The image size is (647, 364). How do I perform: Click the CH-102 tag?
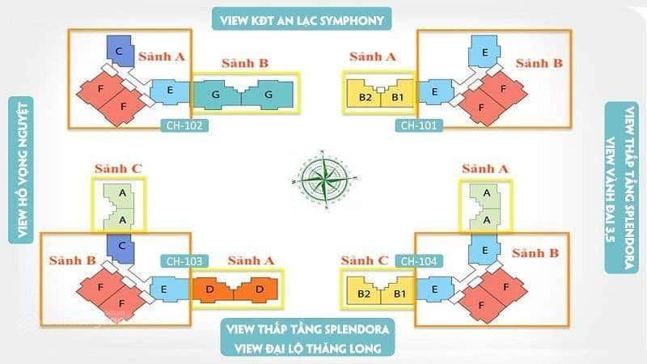click(184, 125)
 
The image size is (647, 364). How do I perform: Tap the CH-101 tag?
click(419, 125)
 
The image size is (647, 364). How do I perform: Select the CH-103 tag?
click(184, 261)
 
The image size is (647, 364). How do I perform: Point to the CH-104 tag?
click(419, 261)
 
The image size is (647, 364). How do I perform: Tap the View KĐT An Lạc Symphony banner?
click(302, 19)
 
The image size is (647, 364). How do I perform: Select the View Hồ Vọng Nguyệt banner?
click(21, 170)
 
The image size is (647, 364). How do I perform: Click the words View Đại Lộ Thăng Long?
click(308, 349)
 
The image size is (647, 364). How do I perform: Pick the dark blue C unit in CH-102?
click(120, 51)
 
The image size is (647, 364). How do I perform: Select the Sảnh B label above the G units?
click(245, 63)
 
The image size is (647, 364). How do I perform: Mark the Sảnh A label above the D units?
click(251, 260)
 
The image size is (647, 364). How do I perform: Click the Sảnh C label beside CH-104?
click(365, 260)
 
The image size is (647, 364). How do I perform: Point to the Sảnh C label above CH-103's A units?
click(118, 168)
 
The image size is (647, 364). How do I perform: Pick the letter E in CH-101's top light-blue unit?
click(484, 53)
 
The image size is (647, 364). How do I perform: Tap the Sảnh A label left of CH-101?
click(373, 57)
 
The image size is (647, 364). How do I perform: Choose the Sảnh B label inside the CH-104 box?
click(535, 252)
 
